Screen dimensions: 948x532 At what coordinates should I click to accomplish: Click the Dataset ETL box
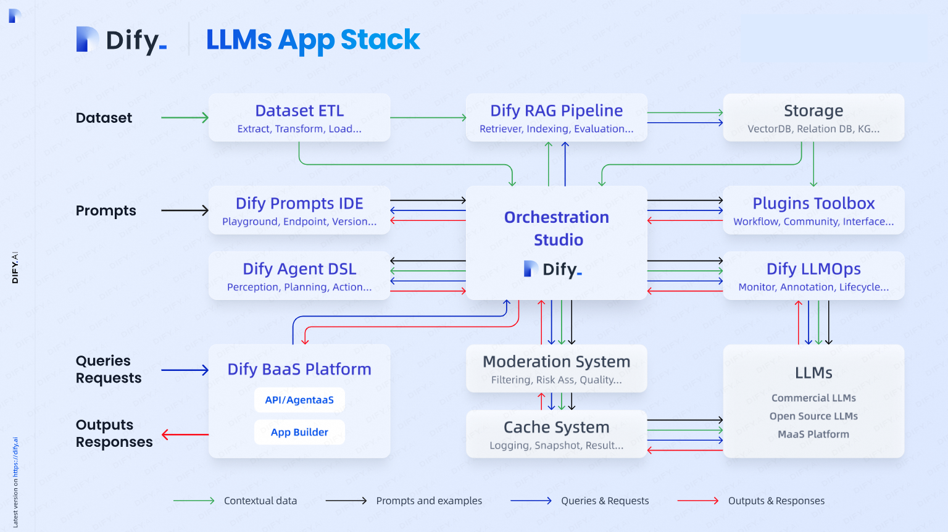tap(299, 117)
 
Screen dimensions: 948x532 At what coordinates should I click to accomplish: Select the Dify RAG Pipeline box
tap(557, 117)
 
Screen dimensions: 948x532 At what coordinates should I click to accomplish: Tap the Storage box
tap(813, 117)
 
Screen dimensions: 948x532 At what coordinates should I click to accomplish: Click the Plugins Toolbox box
tap(813, 210)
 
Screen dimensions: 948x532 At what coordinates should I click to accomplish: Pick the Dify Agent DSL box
tap(299, 275)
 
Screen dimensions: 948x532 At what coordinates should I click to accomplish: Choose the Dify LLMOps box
tap(813, 275)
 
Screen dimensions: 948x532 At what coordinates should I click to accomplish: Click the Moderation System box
tap(557, 368)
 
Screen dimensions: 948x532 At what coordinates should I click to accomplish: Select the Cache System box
tap(557, 434)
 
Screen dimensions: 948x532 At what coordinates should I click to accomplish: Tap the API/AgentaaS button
tap(299, 400)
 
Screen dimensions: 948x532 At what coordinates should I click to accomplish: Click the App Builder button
tap(299, 432)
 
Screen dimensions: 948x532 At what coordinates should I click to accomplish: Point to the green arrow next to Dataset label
tap(185, 117)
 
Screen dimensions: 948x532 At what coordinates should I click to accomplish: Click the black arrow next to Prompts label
tap(185, 210)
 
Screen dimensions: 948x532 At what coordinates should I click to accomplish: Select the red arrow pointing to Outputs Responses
tap(185, 434)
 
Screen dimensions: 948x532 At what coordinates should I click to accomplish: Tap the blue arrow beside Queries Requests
tap(185, 370)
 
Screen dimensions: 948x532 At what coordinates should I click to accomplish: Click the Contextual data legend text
tap(260, 501)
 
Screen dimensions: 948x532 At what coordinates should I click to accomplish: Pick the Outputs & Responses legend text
tap(776, 501)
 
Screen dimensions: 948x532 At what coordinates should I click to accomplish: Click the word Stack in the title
tap(380, 39)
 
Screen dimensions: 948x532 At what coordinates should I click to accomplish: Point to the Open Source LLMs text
tap(813, 416)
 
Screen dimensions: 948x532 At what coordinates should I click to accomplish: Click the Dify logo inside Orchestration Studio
tap(553, 269)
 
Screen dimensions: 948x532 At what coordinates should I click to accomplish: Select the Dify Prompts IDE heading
tap(299, 203)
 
